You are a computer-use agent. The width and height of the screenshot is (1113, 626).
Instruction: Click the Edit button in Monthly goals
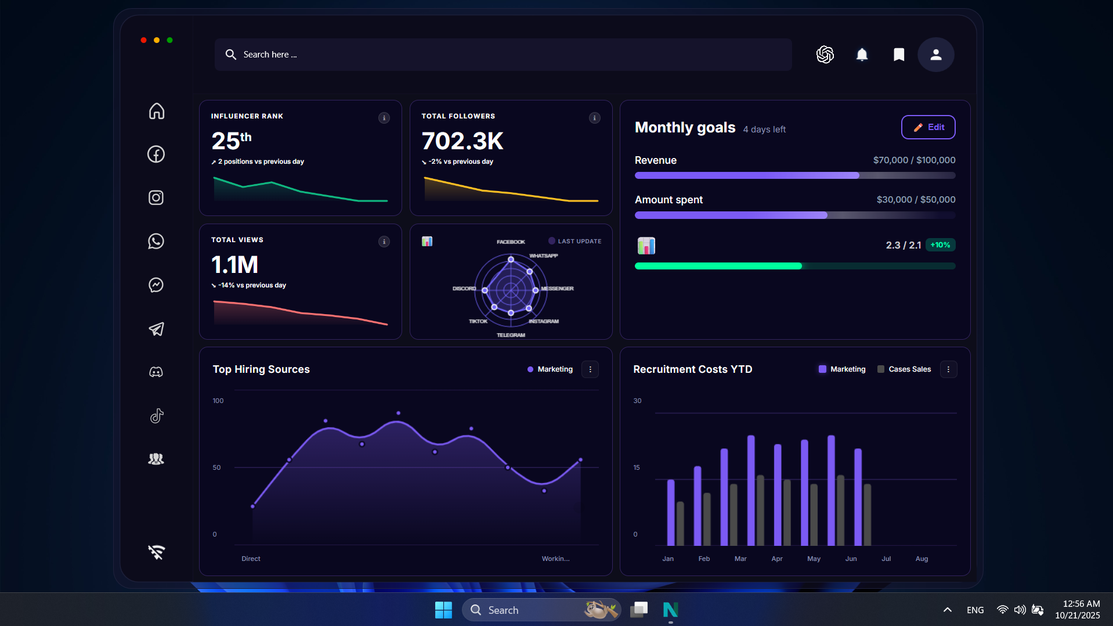[928, 127]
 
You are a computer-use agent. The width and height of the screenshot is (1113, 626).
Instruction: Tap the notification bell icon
[862, 55]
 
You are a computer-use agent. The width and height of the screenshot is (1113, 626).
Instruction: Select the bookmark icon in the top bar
[898, 55]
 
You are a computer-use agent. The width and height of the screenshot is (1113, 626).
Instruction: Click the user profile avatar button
[935, 55]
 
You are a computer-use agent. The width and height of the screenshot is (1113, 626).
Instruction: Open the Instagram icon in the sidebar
[156, 197]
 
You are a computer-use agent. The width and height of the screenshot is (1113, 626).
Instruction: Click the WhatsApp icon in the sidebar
[156, 241]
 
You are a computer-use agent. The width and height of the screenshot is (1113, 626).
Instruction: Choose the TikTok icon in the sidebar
[156, 416]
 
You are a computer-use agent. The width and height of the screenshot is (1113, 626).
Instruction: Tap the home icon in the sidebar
[156, 111]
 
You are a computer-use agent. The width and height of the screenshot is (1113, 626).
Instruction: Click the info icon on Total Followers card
[594, 118]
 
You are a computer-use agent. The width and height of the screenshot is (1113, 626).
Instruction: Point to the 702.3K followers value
[462, 141]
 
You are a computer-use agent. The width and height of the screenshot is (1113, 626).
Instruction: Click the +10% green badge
[940, 245]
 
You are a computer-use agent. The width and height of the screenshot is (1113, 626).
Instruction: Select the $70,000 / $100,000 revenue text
[914, 160]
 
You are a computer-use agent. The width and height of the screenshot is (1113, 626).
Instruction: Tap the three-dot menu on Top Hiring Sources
[590, 369]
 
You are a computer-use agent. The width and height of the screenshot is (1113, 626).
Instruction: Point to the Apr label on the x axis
[776, 559]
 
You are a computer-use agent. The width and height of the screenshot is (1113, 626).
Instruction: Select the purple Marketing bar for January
[671, 512]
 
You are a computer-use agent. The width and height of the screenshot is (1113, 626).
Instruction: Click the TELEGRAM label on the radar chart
[511, 335]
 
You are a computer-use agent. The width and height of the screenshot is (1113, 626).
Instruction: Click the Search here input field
[503, 55]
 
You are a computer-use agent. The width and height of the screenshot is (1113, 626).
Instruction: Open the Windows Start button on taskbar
[443, 610]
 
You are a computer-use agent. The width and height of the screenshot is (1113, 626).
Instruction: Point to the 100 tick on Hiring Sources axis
[218, 401]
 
